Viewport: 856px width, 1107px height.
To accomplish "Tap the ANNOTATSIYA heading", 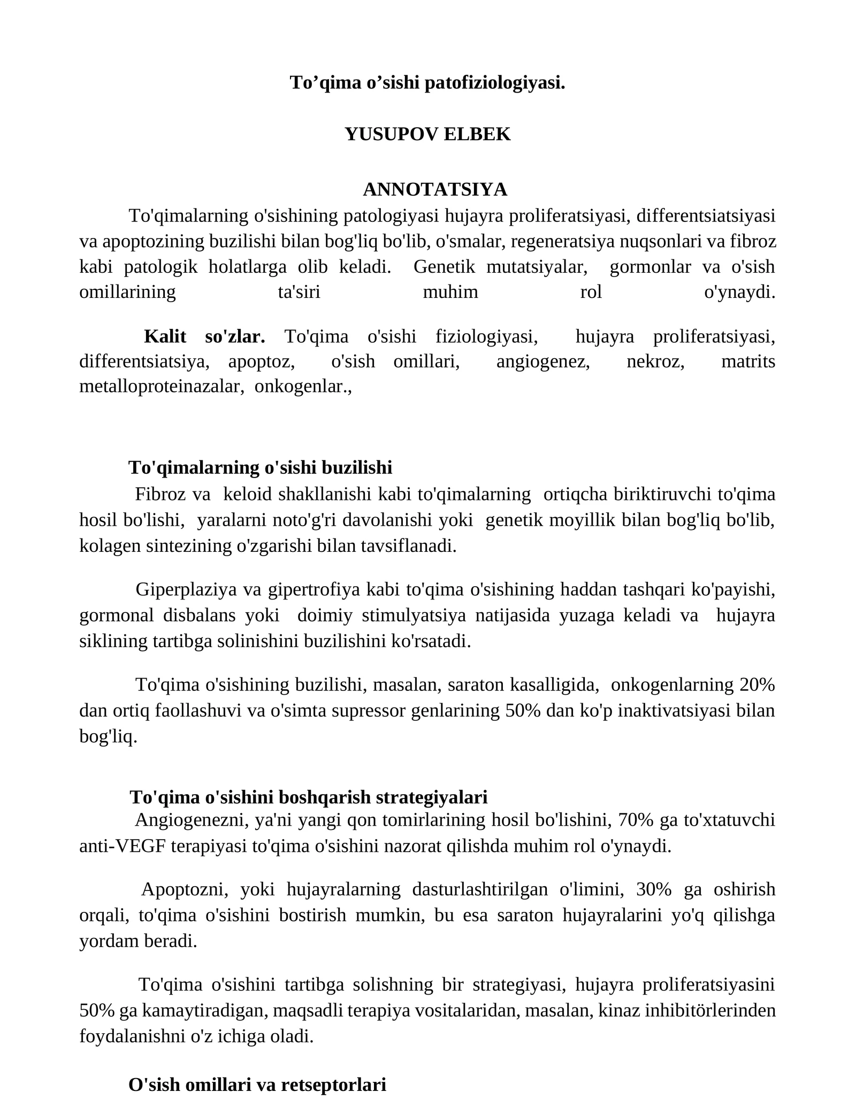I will tap(434, 189).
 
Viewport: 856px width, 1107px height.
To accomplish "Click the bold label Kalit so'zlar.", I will tap(204, 336).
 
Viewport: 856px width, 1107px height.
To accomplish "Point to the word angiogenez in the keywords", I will tap(542, 362).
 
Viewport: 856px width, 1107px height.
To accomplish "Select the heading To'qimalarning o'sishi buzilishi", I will tap(260, 467).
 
